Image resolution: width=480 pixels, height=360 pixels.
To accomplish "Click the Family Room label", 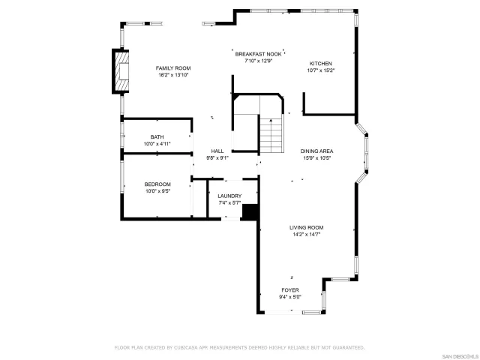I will coord(172,68).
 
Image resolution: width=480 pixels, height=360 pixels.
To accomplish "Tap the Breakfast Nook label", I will coord(258,54).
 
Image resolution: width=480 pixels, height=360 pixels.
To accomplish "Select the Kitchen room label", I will coord(321,64).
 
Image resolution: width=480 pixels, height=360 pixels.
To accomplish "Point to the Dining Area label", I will coord(317,151).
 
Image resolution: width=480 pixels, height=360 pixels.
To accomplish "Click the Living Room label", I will coord(307,227).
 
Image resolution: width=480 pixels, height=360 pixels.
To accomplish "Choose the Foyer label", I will coord(289,289).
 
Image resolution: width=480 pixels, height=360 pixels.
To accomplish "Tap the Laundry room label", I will coord(229,196).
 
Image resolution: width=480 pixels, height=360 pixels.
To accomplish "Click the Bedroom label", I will coord(157,184).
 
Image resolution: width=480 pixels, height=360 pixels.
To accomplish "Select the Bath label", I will coord(157,137).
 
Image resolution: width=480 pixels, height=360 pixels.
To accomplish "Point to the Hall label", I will coord(217,151).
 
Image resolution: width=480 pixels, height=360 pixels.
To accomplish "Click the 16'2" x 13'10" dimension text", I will coord(172,75).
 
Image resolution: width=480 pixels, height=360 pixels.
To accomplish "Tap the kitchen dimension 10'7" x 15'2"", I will coord(321,70).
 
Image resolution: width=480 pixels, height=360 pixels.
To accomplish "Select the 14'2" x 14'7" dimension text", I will coord(307,234).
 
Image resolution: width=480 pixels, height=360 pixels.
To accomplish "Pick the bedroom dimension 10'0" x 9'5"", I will coord(157,191).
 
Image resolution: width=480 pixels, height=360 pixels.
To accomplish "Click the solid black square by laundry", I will coord(250,212).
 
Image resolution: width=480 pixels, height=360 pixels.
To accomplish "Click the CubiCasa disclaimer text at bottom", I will coord(239,347).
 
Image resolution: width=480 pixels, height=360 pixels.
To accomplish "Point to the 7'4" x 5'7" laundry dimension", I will coord(229,202).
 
